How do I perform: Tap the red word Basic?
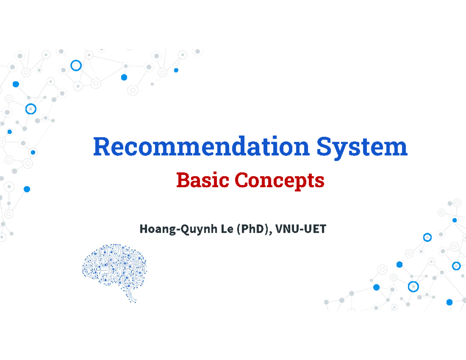203,181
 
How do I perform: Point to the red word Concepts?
279,181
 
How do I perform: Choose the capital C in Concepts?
241,181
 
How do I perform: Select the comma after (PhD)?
271,233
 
